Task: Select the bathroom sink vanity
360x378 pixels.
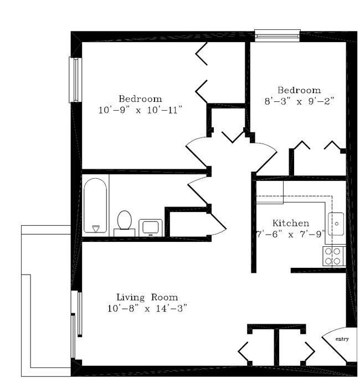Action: tap(150, 227)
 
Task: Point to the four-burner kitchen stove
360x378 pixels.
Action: tap(334, 256)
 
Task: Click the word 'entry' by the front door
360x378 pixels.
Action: tap(342, 339)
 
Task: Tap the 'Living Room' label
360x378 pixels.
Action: tap(147, 297)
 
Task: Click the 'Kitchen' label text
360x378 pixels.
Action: tap(287, 223)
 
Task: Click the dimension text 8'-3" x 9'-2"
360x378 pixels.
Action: tap(299, 101)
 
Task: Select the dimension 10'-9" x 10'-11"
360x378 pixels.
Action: tap(140, 110)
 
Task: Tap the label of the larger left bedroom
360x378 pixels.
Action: tap(140, 99)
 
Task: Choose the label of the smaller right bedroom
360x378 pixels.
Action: tap(299, 90)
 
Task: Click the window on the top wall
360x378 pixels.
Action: tap(277, 35)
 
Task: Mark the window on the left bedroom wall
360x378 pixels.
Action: tap(74, 80)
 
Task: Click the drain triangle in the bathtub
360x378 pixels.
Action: tap(95, 228)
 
